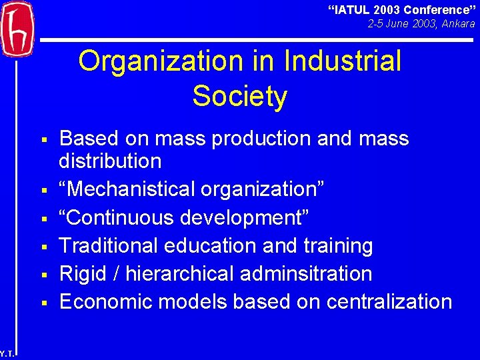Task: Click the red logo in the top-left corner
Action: (x=17, y=29)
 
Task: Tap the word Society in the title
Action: (x=240, y=96)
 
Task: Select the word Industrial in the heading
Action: (x=343, y=61)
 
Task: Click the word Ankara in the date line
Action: (x=458, y=23)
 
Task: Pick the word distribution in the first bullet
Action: (x=110, y=161)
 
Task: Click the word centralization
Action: (x=389, y=301)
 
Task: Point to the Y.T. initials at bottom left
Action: (x=5, y=354)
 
